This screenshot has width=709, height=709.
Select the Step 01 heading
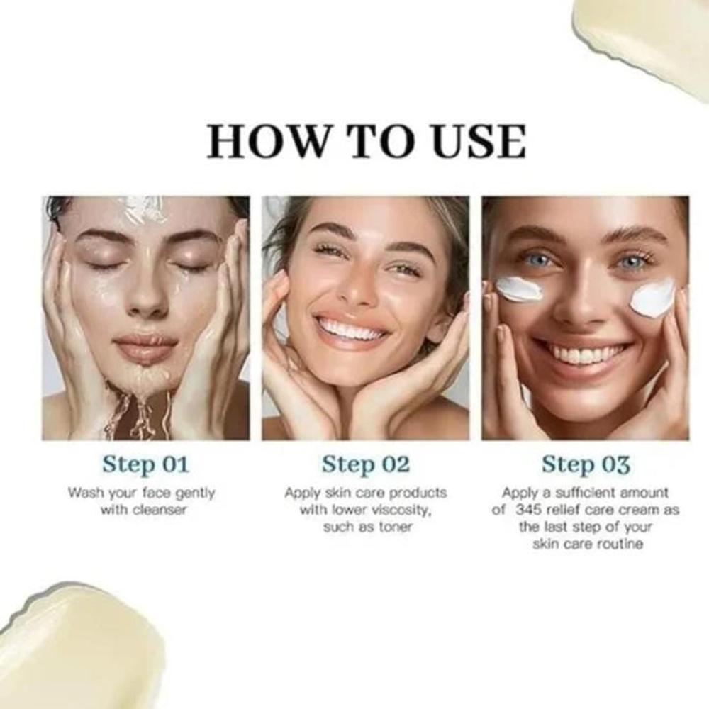click(146, 464)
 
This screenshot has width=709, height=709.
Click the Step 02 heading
click(366, 464)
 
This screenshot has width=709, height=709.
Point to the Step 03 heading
click(586, 464)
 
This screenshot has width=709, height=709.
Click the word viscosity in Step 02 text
click(404, 510)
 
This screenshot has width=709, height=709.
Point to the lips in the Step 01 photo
click(146, 347)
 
